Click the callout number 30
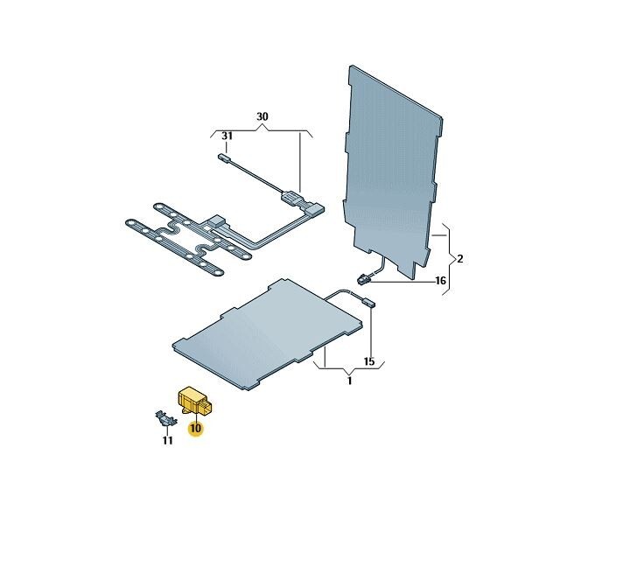coord(262,116)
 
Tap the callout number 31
coord(227,136)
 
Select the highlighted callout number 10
coord(195,428)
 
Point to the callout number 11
coord(167,440)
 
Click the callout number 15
coord(369,361)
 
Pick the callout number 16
coord(440,281)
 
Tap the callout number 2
coord(460,259)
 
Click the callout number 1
coord(349,381)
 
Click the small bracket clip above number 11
coord(166,418)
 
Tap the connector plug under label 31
coord(224,157)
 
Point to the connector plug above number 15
coord(367,302)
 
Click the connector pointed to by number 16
coord(363,279)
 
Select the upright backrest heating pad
coord(392,171)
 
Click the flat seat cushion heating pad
coord(268,334)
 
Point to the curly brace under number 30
coord(262,131)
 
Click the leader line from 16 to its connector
coord(402,282)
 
